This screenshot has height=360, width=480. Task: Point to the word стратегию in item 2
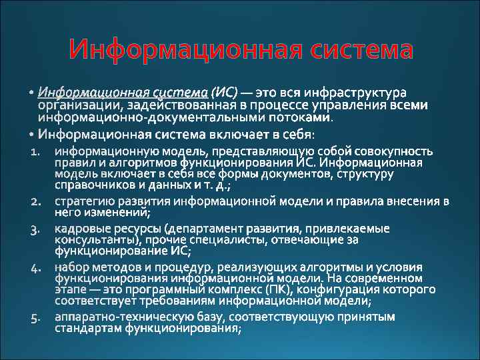[82, 201]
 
